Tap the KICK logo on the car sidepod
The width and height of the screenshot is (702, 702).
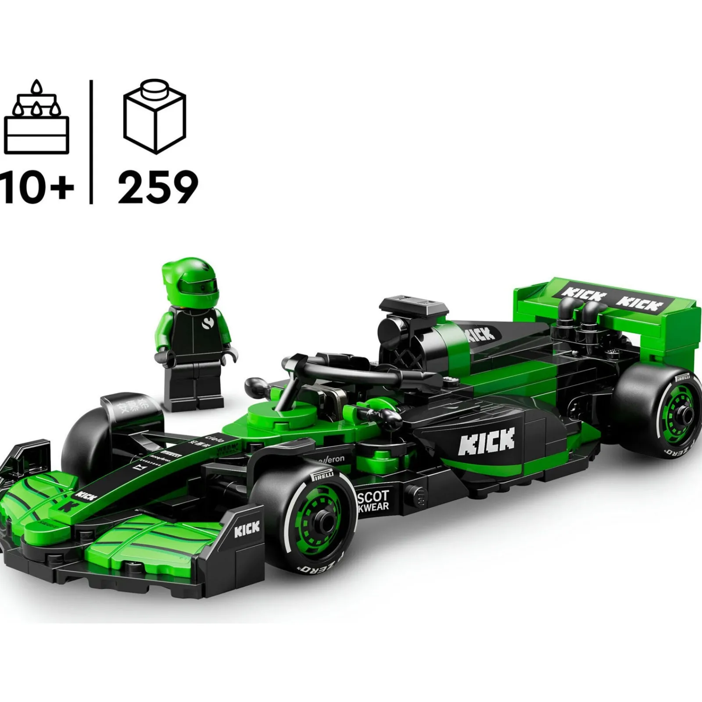[x=487, y=441]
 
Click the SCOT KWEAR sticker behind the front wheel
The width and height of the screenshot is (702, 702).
[x=373, y=500]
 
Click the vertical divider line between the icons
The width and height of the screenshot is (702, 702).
[x=91, y=141]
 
